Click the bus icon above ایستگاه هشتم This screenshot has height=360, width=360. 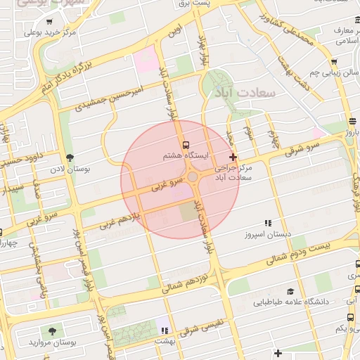pos(185,145)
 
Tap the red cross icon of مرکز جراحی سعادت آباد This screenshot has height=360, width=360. pos(233,156)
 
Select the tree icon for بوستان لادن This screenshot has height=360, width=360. pos(69,157)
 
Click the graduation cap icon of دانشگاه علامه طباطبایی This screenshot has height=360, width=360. pos(290,291)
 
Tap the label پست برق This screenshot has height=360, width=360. pos(214,4)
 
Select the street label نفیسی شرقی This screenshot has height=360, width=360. pos(200,328)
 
